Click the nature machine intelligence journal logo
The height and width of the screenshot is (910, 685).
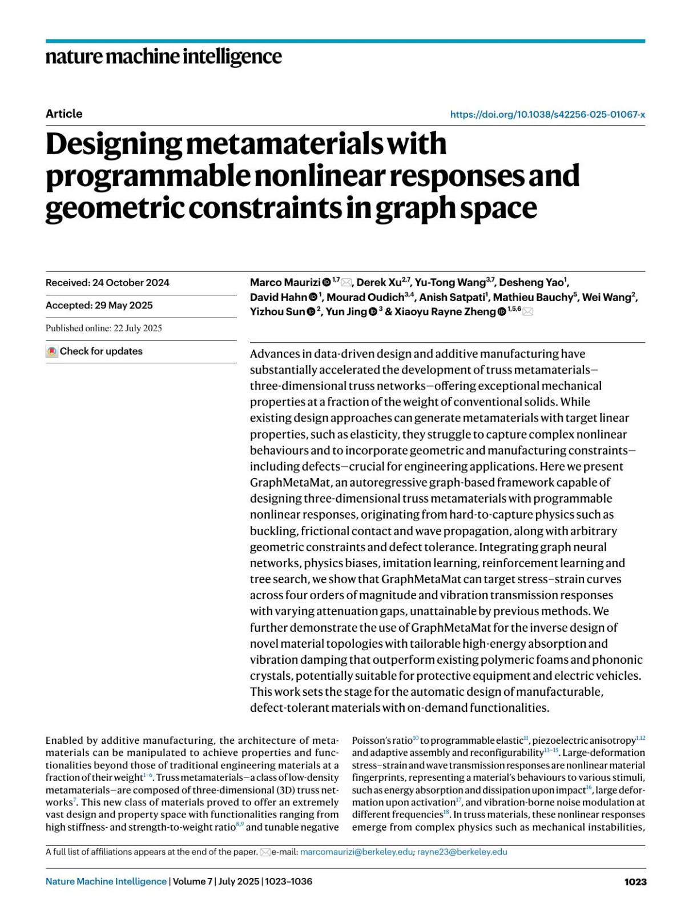tap(163, 57)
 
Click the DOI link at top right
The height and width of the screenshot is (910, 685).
tap(547, 114)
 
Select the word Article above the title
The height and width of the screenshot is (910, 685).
tap(64, 114)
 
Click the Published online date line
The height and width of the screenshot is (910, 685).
tap(104, 328)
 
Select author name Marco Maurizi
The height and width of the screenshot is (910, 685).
tap(285, 283)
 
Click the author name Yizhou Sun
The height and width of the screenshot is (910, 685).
tap(277, 312)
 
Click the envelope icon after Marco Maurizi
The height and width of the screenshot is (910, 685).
tap(346, 283)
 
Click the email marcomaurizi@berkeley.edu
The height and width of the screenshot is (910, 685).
tap(356, 852)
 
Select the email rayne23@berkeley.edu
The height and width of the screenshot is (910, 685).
tap(462, 852)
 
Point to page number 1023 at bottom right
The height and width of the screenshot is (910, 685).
tap(635, 881)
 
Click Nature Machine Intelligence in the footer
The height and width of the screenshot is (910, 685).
tap(106, 881)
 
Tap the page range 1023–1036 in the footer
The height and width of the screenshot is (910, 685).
tap(289, 881)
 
